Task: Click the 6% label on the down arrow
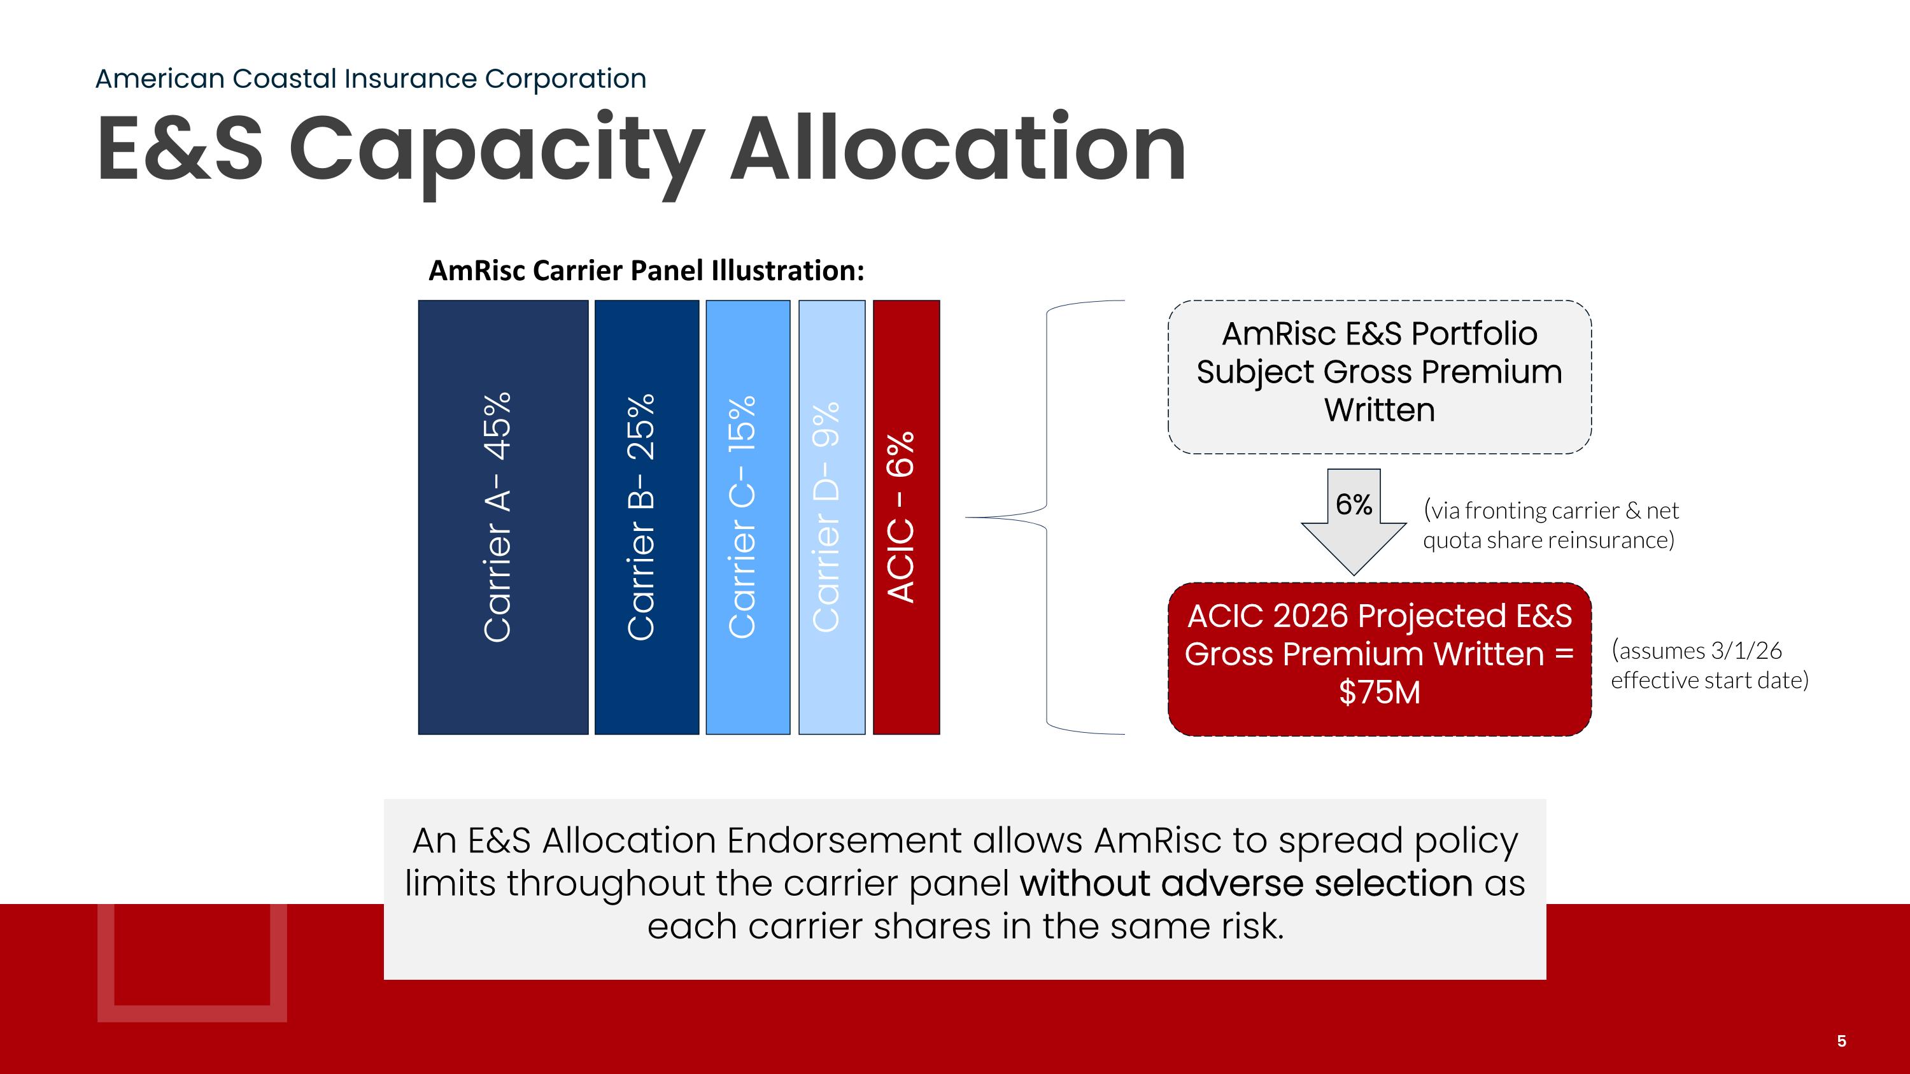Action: [x=1353, y=505]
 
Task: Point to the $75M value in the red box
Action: [x=1379, y=692]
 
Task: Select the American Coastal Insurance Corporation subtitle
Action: [x=371, y=78]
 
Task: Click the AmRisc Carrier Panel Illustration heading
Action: [x=646, y=271]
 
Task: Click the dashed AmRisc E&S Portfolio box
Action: [x=1379, y=376]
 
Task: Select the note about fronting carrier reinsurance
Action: [x=1550, y=525]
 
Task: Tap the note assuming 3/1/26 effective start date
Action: [x=1709, y=665]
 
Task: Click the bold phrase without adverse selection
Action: [x=1246, y=884]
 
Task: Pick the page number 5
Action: [x=1841, y=1042]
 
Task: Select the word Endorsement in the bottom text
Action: [x=844, y=840]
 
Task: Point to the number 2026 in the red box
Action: [x=1310, y=616]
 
